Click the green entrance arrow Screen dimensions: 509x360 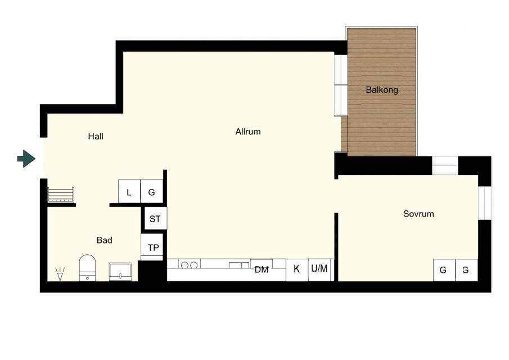(x=26, y=159)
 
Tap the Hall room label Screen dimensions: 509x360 (x=96, y=136)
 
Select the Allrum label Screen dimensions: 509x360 (x=248, y=132)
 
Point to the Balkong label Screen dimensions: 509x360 (x=382, y=90)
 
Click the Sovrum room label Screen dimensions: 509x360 (x=418, y=214)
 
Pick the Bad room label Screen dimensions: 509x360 (x=105, y=240)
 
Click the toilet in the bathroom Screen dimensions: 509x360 (x=87, y=268)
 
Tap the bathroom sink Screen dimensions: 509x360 (x=120, y=272)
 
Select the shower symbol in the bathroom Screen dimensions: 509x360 (x=60, y=273)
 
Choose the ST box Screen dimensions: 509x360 (x=155, y=218)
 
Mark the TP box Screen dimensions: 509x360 (x=152, y=247)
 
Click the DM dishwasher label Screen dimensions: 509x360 (x=262, y=269)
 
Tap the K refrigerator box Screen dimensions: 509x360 (x=297, y=270)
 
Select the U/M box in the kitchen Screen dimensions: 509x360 (x=319, y=270)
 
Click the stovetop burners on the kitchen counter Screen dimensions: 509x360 (x=189, y=265)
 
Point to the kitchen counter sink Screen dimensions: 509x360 (x=239, y=265)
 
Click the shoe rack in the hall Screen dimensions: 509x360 (x=61, y=195)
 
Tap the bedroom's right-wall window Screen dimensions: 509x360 (x=484, y=203)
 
